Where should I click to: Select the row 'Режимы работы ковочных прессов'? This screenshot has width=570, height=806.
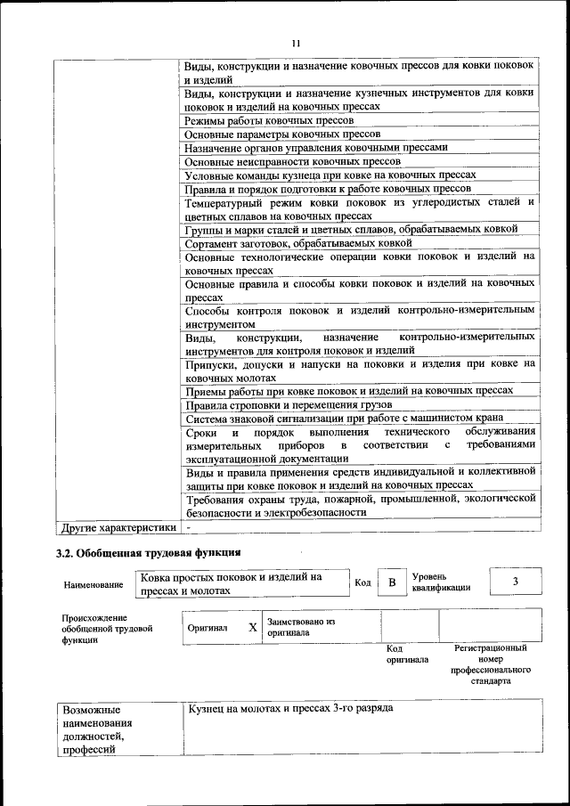tap(260, 119)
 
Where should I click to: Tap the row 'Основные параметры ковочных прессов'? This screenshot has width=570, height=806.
tap(270, 134)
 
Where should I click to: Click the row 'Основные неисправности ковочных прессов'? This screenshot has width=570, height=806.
tap(280, 161)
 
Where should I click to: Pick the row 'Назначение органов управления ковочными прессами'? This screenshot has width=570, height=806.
tap(315, 148)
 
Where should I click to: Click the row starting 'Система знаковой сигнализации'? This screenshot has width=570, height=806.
tap(344, 419)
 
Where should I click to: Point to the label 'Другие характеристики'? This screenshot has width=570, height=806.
tap(116, 527)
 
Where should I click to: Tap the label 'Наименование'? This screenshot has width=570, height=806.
tap(93, 585)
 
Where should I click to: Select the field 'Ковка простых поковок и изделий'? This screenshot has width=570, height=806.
tap(231, 583)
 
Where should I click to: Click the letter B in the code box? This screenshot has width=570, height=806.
tap(391, 582)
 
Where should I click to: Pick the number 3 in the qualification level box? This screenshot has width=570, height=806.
tap(515, 582)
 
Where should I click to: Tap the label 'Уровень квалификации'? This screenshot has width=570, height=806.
tap(442, 582)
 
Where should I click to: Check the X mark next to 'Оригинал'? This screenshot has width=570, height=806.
tap(253, 627)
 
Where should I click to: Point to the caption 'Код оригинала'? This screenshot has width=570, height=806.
tap(407, 655)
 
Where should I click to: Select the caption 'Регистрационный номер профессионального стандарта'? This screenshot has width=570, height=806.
tap(491, 664)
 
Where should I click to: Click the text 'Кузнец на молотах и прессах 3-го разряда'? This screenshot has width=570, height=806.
tap(290, 708)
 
